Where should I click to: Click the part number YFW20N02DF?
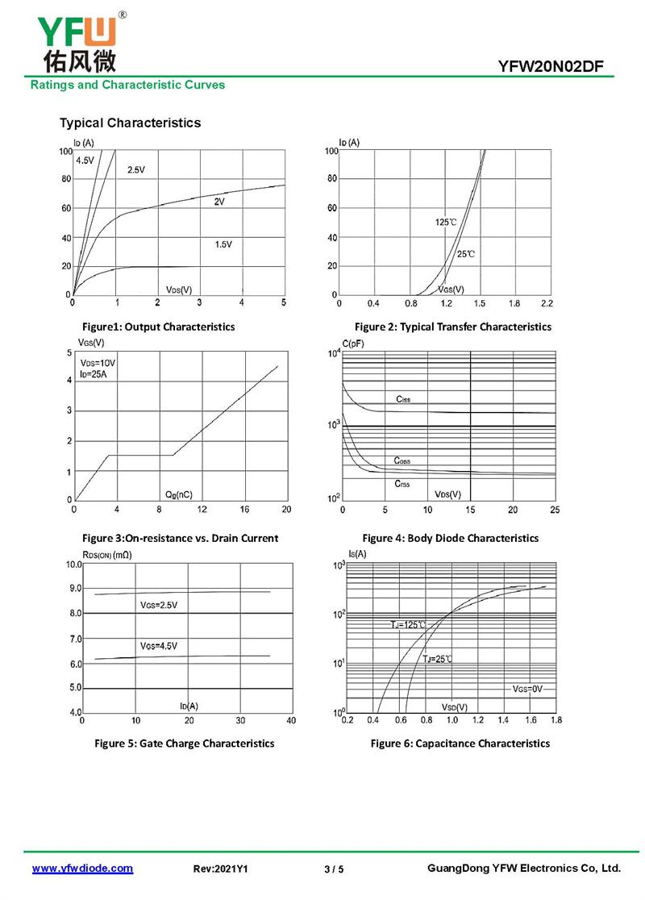(x=551, y=67)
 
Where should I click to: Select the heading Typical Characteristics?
(x=130, y=123)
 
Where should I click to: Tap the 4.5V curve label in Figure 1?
(x=85, y=160)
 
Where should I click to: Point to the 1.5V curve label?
(x=223, y=244)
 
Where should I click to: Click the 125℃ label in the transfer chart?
(x=446, y=222)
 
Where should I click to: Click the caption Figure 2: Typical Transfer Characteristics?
(x=453, y=327)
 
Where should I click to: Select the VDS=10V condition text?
(x=98, y=363)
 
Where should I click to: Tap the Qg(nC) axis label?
(x=178, y=494)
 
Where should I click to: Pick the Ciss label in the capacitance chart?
(x=403, y=399)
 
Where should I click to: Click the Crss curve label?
(x=402, y=483)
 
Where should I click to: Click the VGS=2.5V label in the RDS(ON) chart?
(x=158, y=605)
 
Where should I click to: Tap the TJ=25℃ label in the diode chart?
(x=438, y=660)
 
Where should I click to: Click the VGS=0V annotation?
(x=528, y=689)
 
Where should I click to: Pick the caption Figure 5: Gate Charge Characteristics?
(x=185, y=743)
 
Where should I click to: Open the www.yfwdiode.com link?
(x=82, y=868)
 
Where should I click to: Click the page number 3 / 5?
(x=334, y=869)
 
